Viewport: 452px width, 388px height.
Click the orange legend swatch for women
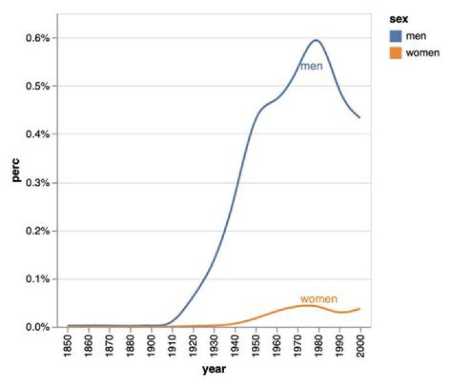point(395,53)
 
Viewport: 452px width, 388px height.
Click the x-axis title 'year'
point(213,370)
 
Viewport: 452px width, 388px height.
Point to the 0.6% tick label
point(38,38)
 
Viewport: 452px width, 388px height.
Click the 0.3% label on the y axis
point(38,183)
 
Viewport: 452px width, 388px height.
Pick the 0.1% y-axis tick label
point(38,279)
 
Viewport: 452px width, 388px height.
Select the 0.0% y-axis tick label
point(38,327)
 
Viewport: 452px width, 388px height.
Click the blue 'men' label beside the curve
point(311,66)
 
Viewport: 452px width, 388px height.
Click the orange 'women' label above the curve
point(319,299)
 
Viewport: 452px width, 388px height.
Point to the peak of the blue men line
point(316,40)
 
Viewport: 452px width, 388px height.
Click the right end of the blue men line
point(360,117)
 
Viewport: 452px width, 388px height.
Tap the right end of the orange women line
point(360,309)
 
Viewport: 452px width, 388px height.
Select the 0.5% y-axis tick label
point(38,86)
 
